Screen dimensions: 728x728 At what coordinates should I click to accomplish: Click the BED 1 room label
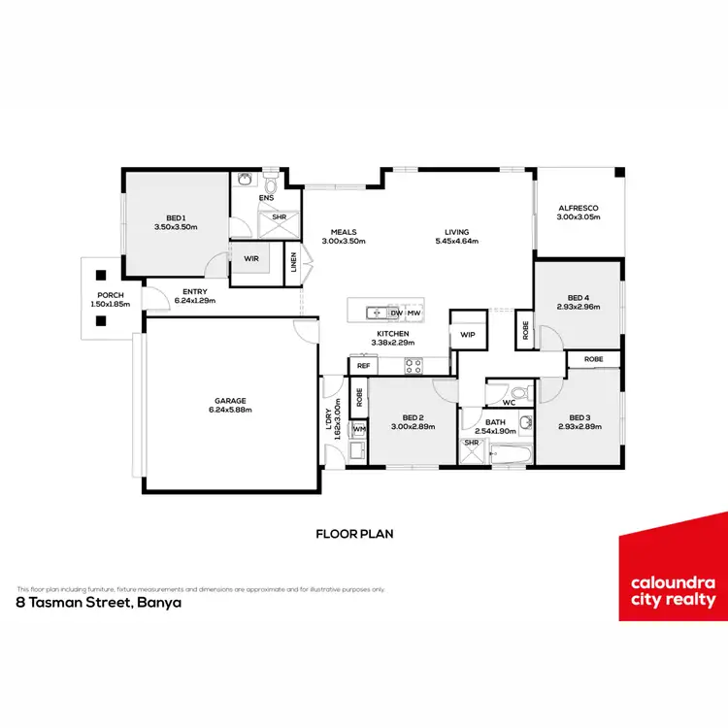tap(176, 217)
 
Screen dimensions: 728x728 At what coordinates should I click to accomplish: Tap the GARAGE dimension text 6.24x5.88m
tap(230, 410)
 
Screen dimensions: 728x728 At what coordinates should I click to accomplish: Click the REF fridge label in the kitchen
tap(363, 366)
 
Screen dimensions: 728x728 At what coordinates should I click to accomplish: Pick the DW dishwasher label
tap(395, 314)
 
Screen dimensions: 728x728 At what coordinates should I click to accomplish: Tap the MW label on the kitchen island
tap(414, 314)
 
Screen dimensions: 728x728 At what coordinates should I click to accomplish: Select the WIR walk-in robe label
tap(249, 259)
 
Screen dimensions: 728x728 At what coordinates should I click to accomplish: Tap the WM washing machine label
tap(359, 429)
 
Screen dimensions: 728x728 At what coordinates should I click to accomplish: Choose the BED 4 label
tap(578, 297)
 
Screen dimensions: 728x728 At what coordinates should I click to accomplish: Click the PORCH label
tap(109, 295)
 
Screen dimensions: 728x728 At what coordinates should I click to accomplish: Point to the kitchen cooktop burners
tap(413, 366)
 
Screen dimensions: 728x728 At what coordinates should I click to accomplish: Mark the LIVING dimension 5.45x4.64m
tap(462, 241)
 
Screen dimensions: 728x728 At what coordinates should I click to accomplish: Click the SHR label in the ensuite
tap(279, 216)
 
